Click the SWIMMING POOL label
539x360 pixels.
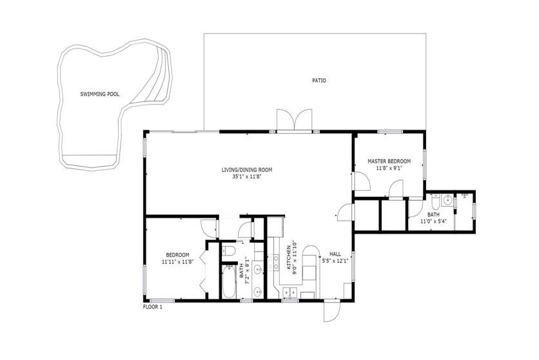pos(100,94)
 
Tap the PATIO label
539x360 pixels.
pos(319,81)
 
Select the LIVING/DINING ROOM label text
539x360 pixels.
pos(247,170)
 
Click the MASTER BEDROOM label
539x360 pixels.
pos(389,161)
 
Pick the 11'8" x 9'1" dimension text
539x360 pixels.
pos(389,168)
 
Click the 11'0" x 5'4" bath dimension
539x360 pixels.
pos(433,221)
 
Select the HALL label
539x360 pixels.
pos(335,254)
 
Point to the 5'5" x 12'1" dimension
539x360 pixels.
pos(335,261)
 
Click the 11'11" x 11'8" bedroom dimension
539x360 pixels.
pos(178,261)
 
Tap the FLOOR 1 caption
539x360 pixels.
pos(152,307)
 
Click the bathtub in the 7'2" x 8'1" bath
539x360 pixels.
pos(229,282)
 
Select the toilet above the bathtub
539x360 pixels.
pos(228,251)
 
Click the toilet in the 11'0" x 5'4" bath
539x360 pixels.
pos(435,202)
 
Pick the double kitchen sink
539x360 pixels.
pos(290,292)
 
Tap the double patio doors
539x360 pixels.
pos(295,120)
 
